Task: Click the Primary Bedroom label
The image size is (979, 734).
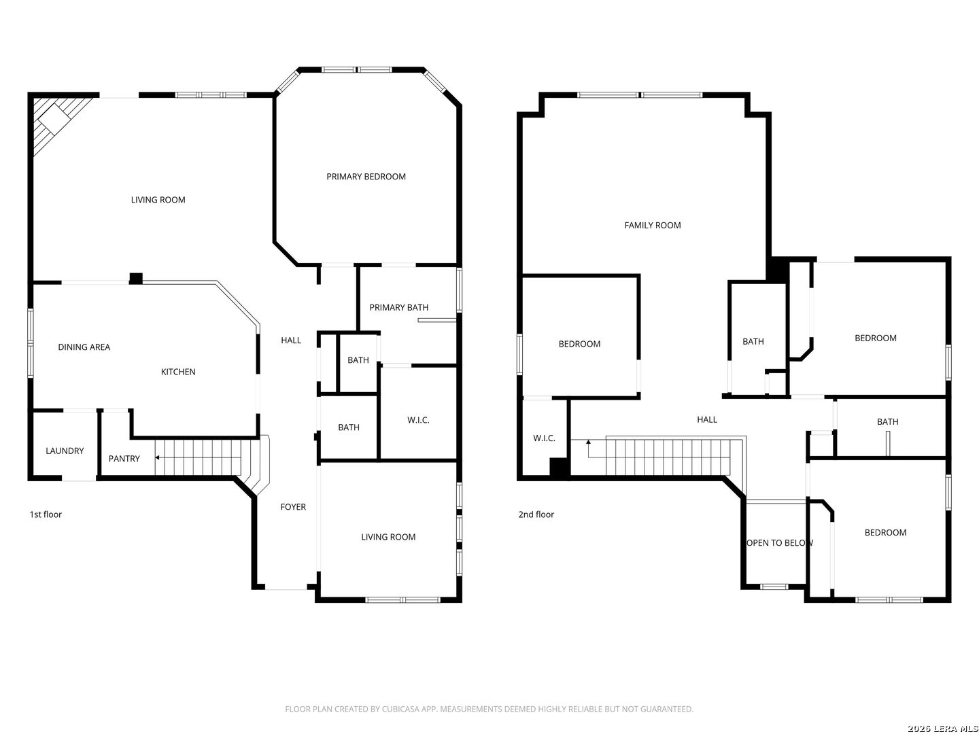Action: click(x=366, y=177)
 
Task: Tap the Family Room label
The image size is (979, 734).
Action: click(x=652, y=226)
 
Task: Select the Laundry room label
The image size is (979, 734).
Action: click(x=65, y=451)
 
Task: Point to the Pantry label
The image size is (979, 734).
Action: click(x=124, y=459)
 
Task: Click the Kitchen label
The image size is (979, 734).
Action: click(x=178, y=372)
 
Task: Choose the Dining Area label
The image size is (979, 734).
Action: click(x=84, y=347)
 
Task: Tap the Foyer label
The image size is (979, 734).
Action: click(x=293, y=507)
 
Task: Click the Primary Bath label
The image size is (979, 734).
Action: click(x=398, y=307)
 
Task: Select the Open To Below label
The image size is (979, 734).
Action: click(x=780, y=543)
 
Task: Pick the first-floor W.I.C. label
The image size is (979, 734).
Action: click(x=418, y=420)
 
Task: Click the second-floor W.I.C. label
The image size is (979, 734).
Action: click(x=544, y=438)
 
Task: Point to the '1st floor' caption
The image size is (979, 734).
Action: click(x=46, y=514)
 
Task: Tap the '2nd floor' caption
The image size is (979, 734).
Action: click(x=536, y=514)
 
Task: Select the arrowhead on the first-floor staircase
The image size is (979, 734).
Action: click(x=157, y=457)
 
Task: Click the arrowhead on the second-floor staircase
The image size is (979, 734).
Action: click(x=588, y=442)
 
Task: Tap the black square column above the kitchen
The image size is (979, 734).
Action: click(x=135, y=279)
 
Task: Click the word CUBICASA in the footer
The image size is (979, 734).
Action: click(x=399, y=709)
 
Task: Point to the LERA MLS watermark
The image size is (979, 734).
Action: click(x=943, y=729)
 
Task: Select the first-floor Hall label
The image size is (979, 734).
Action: click(x=291, y=340)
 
